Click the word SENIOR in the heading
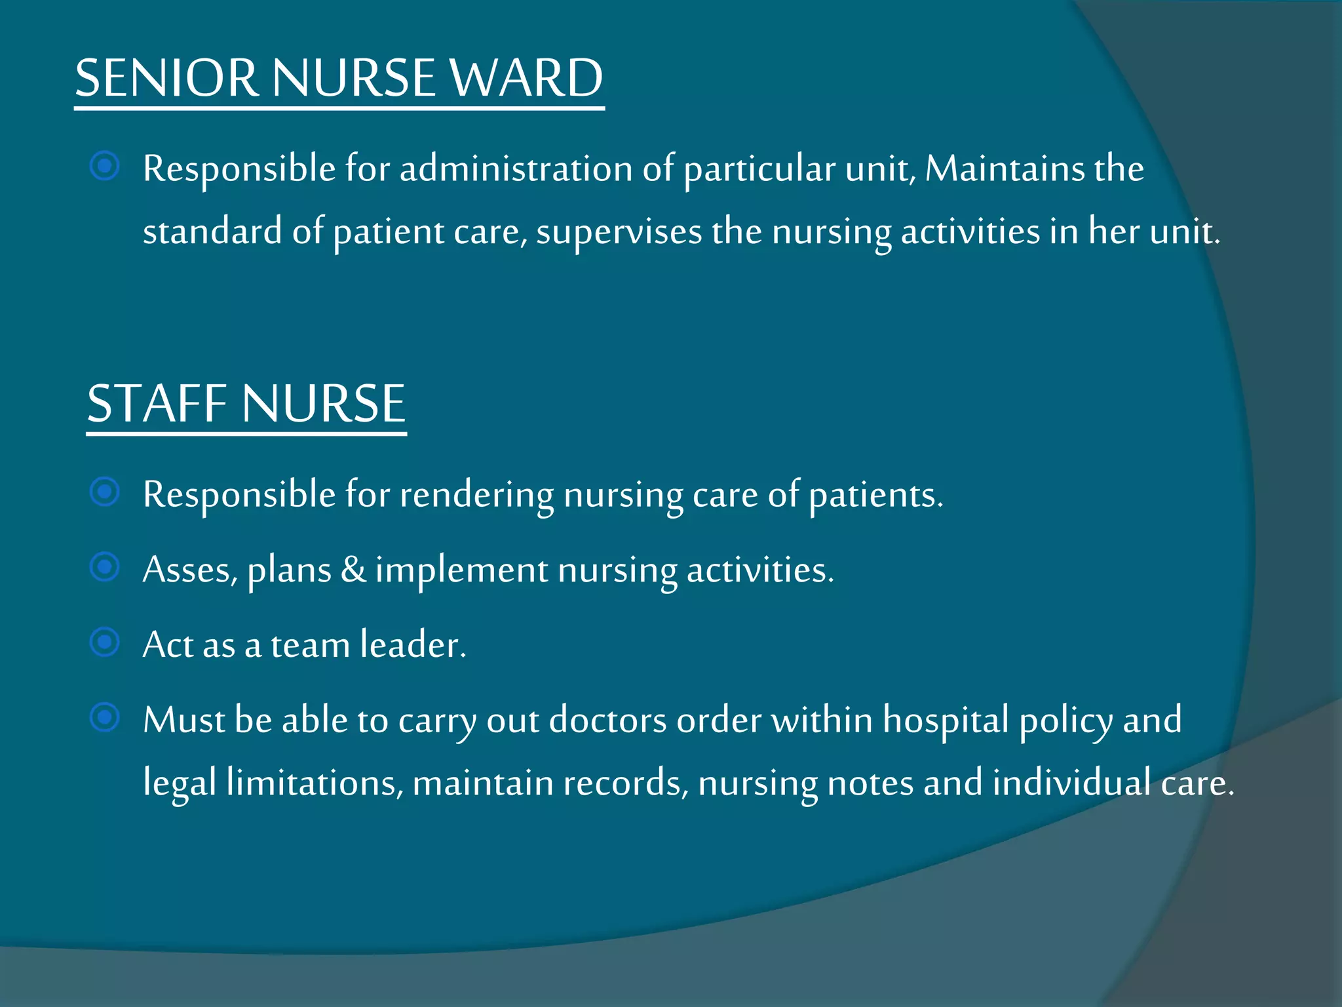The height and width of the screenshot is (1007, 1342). click(x=166, y=78)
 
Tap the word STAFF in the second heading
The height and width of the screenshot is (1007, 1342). click(x=158, y=403)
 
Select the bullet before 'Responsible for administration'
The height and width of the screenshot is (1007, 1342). click(x=105, y=166)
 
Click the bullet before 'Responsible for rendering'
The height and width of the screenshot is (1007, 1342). click(x=105, y=492)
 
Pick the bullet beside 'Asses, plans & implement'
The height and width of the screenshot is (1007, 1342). click(x=105, y=567)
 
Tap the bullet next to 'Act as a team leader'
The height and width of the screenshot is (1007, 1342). click(x=105, y=642)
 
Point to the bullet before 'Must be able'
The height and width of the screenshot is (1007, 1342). click(x=105, y=717)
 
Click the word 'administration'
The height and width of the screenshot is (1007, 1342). click(x=516, y=168)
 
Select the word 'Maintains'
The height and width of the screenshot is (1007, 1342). click(x=1005, y=168)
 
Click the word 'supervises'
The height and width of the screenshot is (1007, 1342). click(x=619, y=232)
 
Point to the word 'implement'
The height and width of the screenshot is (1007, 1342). click(x=461, y=570)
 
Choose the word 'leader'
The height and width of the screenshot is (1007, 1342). click(x=413, y=644)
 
